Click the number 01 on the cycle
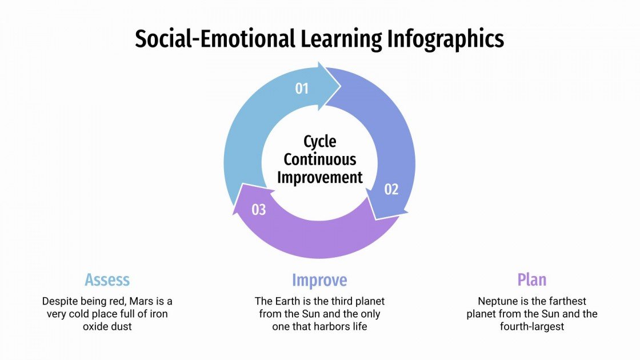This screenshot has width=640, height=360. [302, 89]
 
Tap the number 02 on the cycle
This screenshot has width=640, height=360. [391, 189]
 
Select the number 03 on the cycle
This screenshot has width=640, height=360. [259, 210]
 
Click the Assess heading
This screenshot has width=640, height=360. [107, 280]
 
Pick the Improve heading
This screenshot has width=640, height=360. [319, 280]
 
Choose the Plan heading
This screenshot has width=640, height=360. [532, 280]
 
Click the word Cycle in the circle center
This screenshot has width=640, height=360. [319, 141]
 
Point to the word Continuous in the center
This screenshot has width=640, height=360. [319, 159]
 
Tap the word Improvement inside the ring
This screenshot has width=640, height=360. [319, 177]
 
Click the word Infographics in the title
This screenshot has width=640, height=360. [446, 39]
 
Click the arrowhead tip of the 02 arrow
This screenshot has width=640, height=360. [375, 218]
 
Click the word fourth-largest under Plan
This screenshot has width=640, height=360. [532, 327]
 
